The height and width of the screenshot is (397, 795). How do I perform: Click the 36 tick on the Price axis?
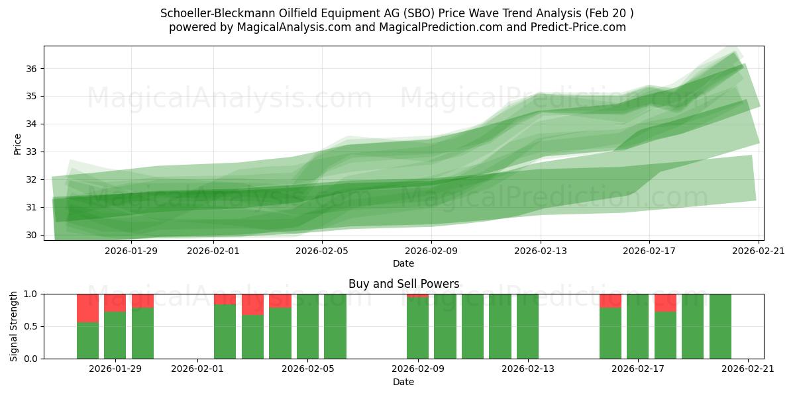[32, 69]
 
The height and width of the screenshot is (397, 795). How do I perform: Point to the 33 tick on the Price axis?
[32, 152]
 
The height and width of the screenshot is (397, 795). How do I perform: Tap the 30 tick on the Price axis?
[32, 235]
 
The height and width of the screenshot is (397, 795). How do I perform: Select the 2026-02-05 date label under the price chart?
[322, 251]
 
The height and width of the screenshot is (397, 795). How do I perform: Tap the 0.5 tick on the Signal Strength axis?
[31, 326]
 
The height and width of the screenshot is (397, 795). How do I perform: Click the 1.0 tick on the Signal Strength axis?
[31, 294]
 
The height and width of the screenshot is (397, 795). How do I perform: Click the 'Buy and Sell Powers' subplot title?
[403, 284]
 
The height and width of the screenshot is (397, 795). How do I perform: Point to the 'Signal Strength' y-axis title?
[15, 326]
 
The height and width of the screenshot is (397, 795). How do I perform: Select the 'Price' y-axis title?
[18, 144]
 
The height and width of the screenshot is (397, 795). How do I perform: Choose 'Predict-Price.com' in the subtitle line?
[580, 27]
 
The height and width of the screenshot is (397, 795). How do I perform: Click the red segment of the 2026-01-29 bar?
[115, 302]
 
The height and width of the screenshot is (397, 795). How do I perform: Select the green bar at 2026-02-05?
[308, 326]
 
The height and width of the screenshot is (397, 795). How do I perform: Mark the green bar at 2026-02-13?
[528, 326]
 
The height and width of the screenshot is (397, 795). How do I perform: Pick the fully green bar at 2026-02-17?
[638, 326]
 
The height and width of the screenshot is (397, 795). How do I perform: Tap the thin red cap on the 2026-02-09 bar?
[418, 295]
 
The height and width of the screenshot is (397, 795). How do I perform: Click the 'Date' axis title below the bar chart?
[403, 382]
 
